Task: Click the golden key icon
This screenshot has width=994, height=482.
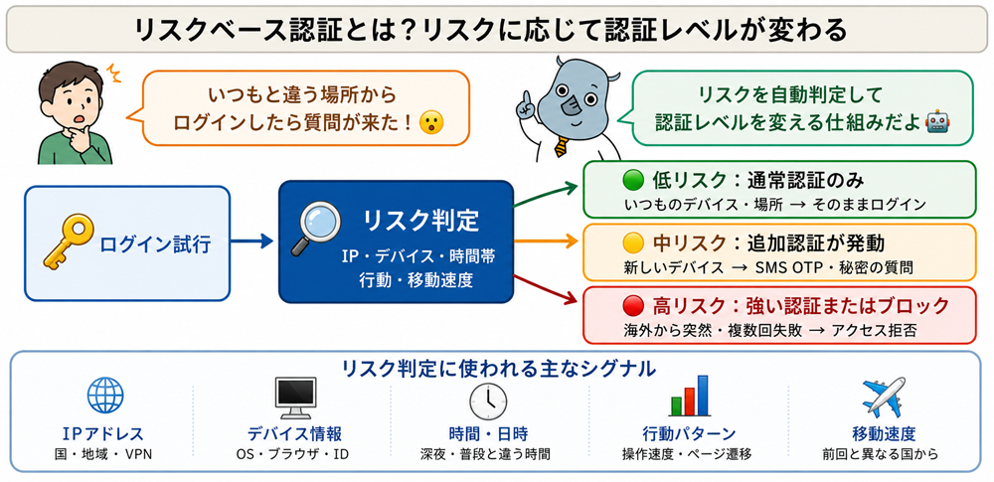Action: click(68, 241)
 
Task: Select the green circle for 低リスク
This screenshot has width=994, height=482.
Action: click(633, 182)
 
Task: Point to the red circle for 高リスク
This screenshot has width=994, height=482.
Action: click(633, 307)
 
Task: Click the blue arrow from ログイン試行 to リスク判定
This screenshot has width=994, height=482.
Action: click(251, 241)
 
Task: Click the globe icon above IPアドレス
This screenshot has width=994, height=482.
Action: click(106, 396)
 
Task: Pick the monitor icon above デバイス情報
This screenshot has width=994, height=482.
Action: click(295, 398)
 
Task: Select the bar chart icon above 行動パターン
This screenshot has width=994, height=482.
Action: click(689, 396)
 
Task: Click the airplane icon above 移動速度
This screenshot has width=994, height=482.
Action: click(884, 397)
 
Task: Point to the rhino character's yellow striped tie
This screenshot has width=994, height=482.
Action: click(561, 146)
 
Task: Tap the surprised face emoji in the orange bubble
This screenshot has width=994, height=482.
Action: click(431, 122)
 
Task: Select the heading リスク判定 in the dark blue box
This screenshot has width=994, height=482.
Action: click(420, 221)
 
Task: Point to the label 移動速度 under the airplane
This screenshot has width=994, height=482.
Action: click(884, 433)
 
